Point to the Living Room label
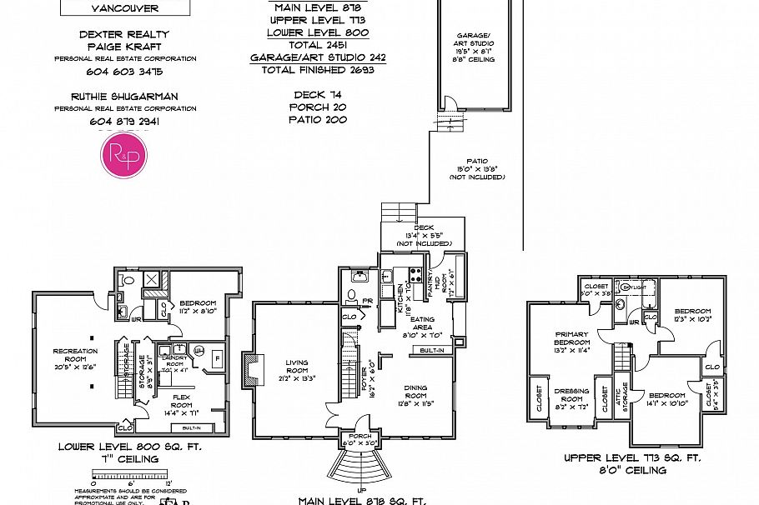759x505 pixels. [298, 367]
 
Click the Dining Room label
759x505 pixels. [415, 391]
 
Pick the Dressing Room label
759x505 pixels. [572, 395]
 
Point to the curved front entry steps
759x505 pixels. [360, 472]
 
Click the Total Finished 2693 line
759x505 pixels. [317, 70]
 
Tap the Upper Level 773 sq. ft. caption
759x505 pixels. [632, 458]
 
